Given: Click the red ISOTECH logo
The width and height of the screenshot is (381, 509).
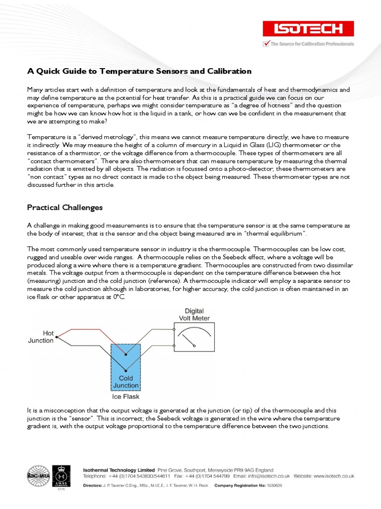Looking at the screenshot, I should [x=309, y=29].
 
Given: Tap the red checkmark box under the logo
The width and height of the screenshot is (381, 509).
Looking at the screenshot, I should [x=266, y=44].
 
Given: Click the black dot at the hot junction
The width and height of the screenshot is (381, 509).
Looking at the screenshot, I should [x=57, y=337].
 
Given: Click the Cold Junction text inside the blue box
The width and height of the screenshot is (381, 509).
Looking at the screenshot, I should [x=126, y=381].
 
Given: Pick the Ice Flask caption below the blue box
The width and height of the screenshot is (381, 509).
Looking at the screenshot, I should [x=126, y=397].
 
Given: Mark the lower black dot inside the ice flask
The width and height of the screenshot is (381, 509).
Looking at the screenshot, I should [x=126, y=370].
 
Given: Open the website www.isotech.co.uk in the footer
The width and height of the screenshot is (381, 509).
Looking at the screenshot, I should [x=333, y=476].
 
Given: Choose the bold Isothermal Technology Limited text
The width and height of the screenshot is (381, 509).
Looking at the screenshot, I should [x=119, y=469].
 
